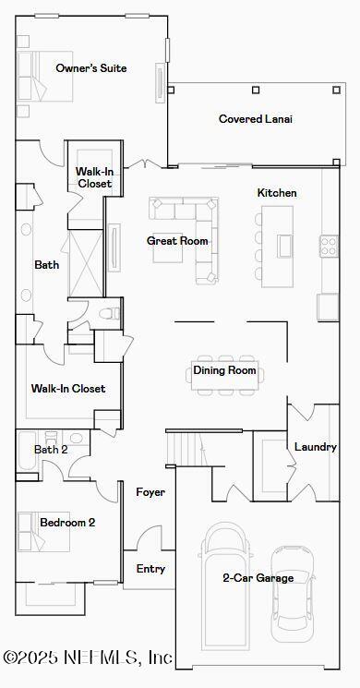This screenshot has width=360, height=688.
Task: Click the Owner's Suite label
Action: [90, 68]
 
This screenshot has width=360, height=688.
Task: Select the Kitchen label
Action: [277, 193]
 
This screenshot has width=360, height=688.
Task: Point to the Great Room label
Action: [177, 241]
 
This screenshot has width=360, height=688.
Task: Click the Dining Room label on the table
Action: [224, 371]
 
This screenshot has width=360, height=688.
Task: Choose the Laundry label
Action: [315, 447]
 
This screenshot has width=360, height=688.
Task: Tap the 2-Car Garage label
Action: [258, 578]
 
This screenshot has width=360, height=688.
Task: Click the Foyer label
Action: [150, 492]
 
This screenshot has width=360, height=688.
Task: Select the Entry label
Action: [150, 569]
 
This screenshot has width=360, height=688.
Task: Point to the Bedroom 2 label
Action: [67, 523]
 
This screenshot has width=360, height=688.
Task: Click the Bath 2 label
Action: [51, 450]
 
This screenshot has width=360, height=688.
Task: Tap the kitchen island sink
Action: [284, 246]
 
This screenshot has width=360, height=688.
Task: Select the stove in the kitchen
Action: [329, 246]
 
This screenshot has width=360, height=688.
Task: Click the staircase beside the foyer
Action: [184, 449]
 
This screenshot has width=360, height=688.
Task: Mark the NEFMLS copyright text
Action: [88, 658]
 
